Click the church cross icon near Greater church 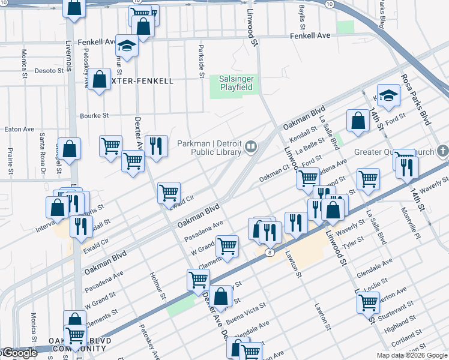[x=442, y=151]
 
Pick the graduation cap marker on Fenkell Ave [x=127, y=47]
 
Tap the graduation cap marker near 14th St [x=389, y=95]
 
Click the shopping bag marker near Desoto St [x=100, y=79]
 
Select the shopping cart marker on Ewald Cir [x=169, y=193]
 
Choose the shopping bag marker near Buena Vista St [x=220, y=296]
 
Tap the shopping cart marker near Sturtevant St [x=368, y=302]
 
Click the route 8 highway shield [x=270, y=253]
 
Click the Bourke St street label [x=94, y=115]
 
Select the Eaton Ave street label [x=20, y=129]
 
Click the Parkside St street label [x=201, y=59]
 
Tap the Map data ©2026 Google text [x=412, y=355]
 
